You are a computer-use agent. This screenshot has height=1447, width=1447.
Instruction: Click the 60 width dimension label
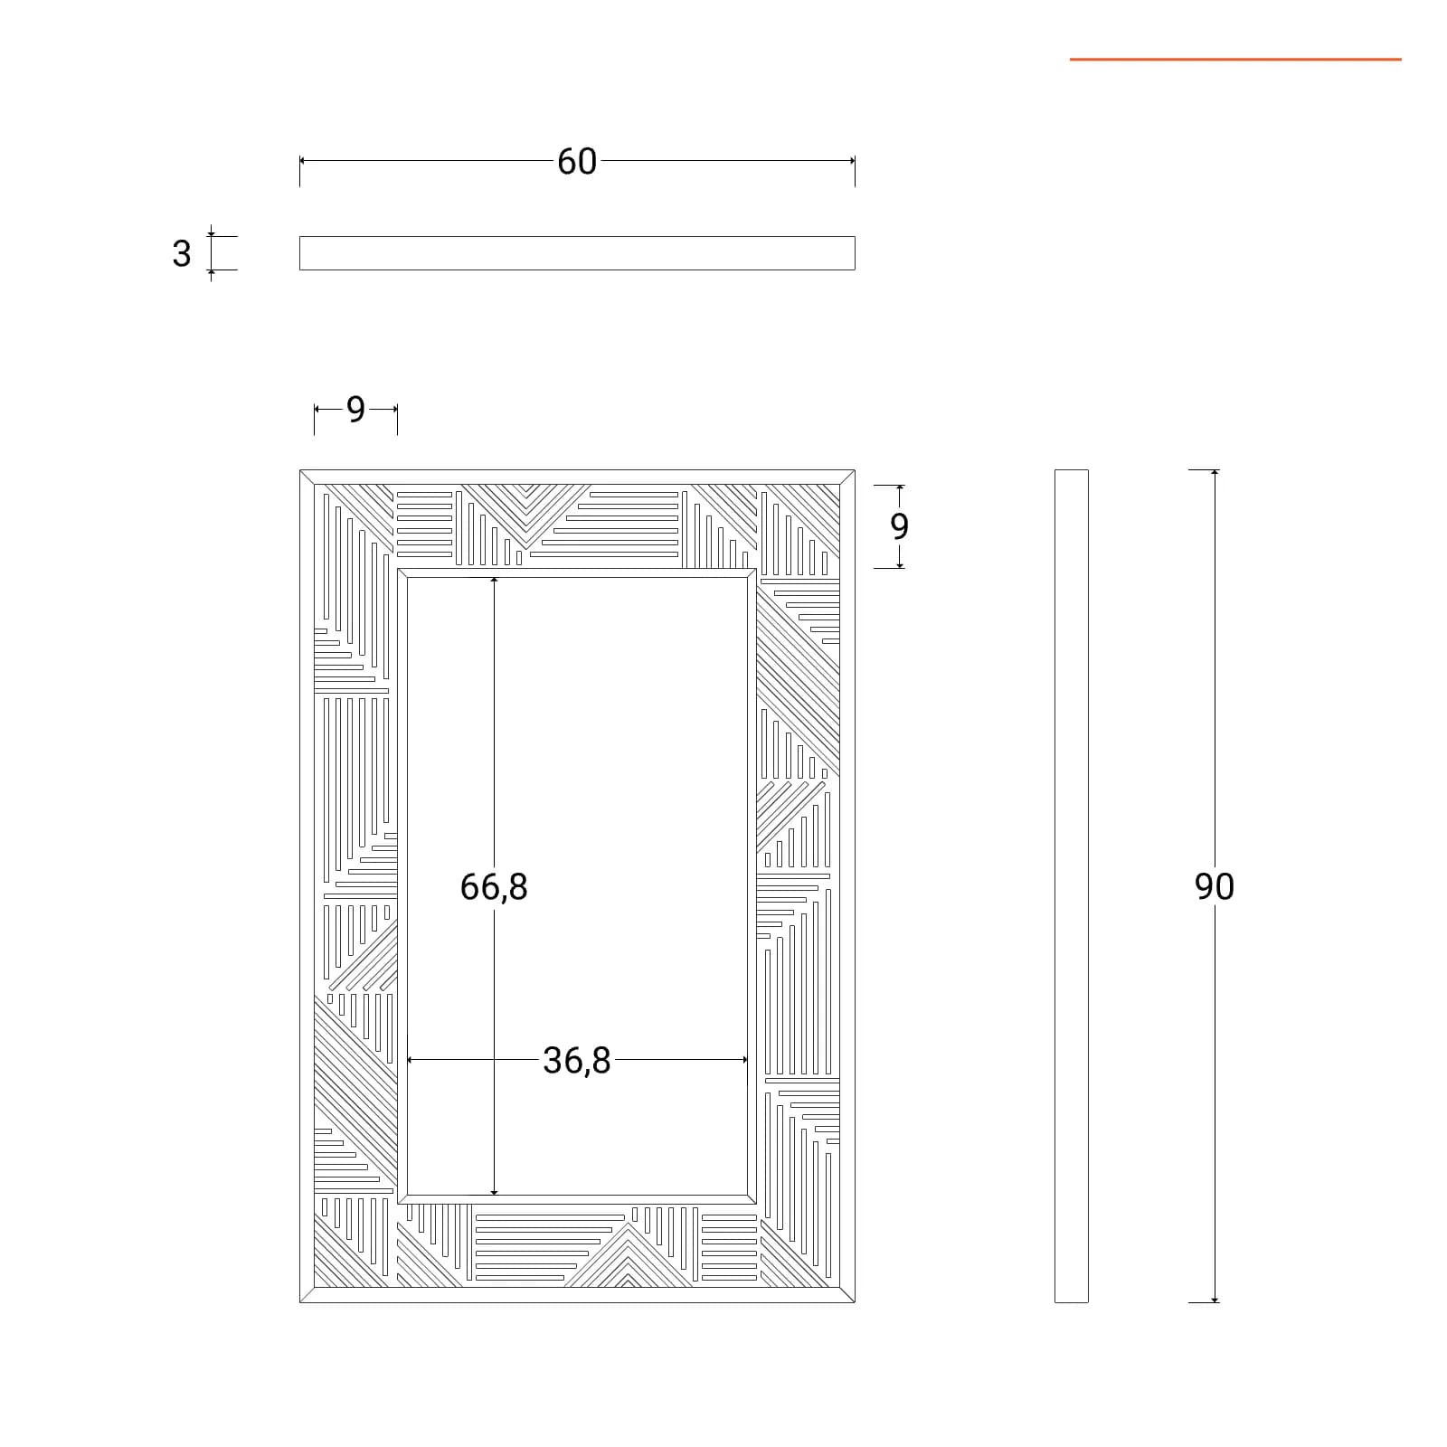[x=577, y=162]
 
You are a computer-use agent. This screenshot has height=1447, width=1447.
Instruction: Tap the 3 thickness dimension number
[x=182, y=254]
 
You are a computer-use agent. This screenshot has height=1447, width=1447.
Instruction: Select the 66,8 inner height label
[x=494, y=887]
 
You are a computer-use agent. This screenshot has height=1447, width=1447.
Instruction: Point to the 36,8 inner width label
[x=577, y=1061]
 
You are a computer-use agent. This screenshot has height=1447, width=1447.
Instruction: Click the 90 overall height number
[x=1215, y=887]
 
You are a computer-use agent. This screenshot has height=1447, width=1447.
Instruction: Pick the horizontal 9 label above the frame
[x=355, y=410]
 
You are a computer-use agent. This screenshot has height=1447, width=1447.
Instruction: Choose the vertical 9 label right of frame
[x=899, y=526]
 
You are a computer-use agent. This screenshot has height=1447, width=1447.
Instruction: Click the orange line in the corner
[x=1235, y=60]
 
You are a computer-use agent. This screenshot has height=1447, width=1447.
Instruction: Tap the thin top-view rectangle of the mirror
[x=577, y=253]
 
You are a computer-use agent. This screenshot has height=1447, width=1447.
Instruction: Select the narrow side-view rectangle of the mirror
[x=1072, y=886]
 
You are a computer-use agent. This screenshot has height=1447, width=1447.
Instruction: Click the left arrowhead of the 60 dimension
[x=303, y=161]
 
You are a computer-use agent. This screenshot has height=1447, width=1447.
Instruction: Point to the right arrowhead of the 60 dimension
[x=851, y=161]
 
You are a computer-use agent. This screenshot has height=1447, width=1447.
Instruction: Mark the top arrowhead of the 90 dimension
[x=1215, y=473]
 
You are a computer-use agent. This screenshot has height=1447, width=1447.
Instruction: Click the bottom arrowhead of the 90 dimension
[x=1215, y=1299]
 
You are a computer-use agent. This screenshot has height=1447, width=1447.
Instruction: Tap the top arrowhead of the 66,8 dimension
[x=494, y=581]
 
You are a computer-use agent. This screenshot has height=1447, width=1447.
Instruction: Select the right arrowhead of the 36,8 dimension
[x=743, y=1060]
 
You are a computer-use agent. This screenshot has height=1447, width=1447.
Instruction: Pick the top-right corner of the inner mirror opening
[x=747, y=578]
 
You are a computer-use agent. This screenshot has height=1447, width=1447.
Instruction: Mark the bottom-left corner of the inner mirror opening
[x=408, y=1195]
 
